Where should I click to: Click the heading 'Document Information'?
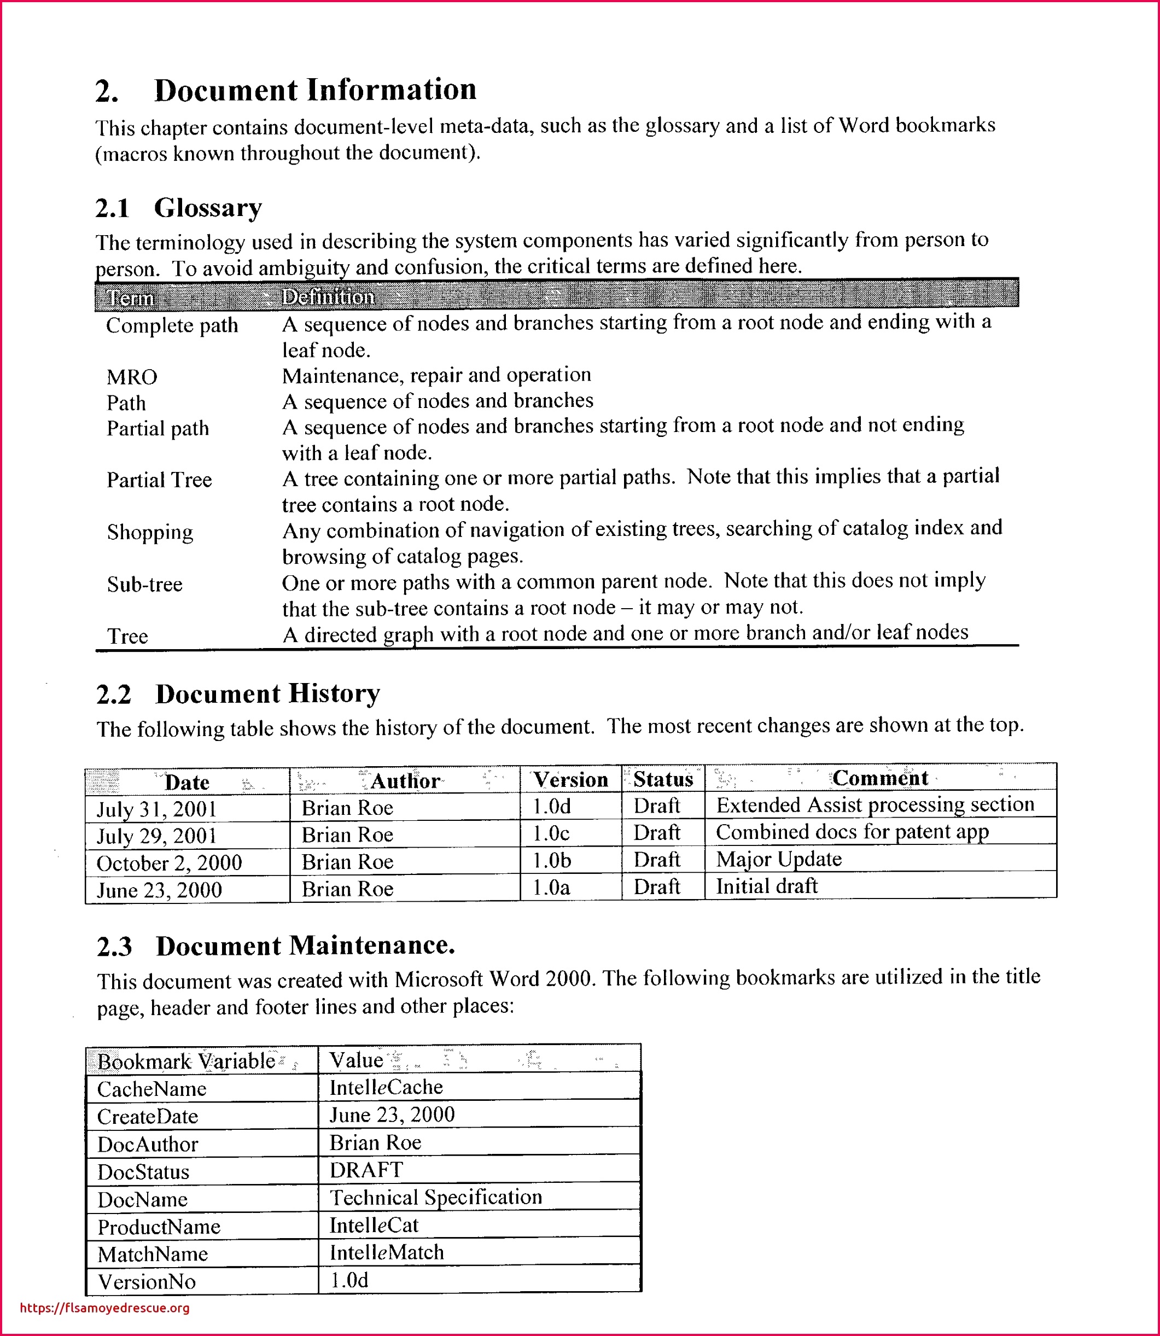click(x=314, y=90)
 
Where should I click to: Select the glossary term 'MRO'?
click(x=132, y=377)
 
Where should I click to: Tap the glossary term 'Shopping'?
click(x=150, y=532)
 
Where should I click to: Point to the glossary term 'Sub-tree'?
click(x=145, y=585)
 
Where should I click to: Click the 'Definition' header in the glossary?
click(x=328, y=297)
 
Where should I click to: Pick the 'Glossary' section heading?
click(x=208, y=208)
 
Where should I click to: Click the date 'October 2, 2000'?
click(x=169, y=863)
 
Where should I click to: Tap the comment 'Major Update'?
click(x=779, y=860)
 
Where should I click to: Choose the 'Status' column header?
click(x=663, y=779)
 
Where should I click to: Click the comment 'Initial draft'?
click(x=767, y=886)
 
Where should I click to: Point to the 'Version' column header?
click(x=570, y=780)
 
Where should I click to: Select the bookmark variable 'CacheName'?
click(x=151, y=1089)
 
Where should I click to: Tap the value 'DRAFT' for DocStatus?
click(x=366, y=1170)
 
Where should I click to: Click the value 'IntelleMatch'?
click(x=387, y=1252)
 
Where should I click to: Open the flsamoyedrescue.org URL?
click(x=105, y=1308)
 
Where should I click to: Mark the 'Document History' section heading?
click(x=267, y=694)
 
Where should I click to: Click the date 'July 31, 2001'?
click(x=156, y=809)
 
